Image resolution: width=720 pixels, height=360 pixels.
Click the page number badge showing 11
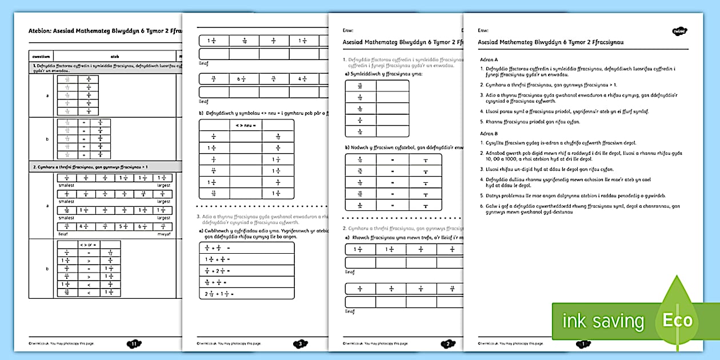coord(134,343)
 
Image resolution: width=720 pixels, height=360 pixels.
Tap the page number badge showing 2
coord(447,343)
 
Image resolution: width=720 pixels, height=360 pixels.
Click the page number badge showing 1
coord(583,343)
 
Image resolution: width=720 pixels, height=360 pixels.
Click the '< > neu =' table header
coord(246,125)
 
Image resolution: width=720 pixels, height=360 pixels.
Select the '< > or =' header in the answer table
coord(91,245)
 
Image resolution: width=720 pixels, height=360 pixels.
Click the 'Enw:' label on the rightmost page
coord(483,29)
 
